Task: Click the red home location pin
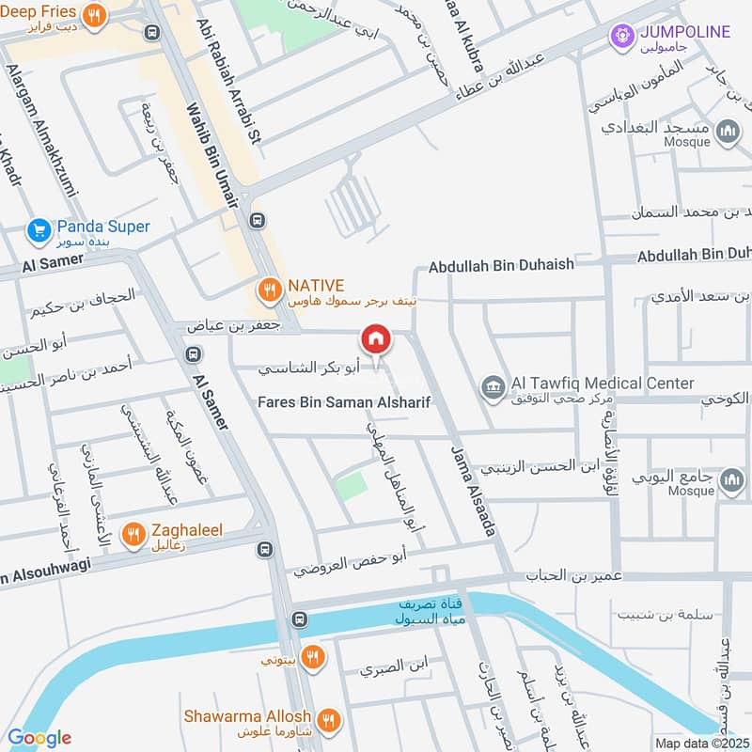pyautogui.click(x=375, y=340)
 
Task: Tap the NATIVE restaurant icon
pyautogui.click(x=270, y=289)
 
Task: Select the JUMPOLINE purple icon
pyautogui.click(x=620, y=37)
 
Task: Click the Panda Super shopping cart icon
pyautogui.click(x=39, y=228)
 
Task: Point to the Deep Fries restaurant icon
pyautogui.click(x=93, y=16)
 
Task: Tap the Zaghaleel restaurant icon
pyautogui.click(x=133, y=534)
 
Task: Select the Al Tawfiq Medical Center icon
pyautogui.click(x=492, y=385)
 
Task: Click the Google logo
pyautogui.click(x=39, y=738)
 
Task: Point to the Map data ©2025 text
pyautogui.click(x=700, y=743)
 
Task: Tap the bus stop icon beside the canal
pyautogui.click(x=299, y=619)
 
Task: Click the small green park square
pyautogui.click(x=351, y=486)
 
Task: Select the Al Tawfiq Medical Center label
pyautogui.click(x=602, y=384)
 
